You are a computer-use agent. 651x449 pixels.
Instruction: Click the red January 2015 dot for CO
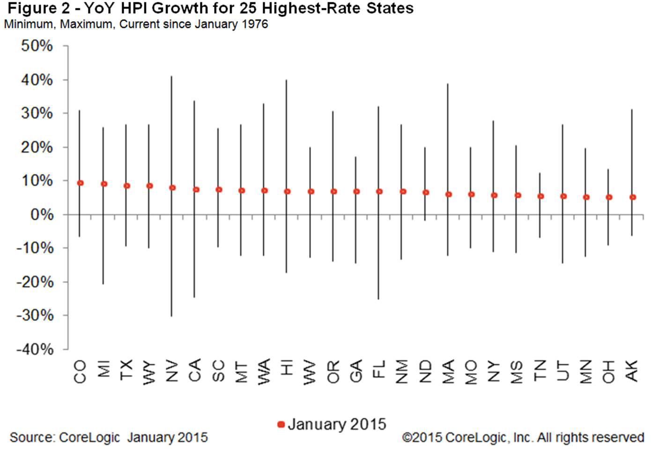[x=80, y=183]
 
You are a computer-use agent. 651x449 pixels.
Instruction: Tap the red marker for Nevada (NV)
[x=172, y=187]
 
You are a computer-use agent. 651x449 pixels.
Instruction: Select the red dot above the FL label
[x=379, y=191]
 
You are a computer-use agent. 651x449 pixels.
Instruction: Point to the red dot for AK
[x=632, y=197]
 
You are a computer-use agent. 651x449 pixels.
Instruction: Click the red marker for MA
[x=448, y=194]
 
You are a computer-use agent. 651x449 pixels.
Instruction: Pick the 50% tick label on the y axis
[x=37, y=46]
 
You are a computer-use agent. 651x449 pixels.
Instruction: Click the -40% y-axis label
[x=35, y=349]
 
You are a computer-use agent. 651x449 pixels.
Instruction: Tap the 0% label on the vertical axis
[x=42, y=215]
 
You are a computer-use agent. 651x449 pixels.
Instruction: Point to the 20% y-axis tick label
[x=37, y=147]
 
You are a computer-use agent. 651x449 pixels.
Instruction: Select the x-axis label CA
[x=195, y=371]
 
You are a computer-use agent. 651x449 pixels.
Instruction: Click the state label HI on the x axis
[x=287, y=367]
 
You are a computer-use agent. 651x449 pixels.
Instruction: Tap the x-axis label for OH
[x=608, y=371]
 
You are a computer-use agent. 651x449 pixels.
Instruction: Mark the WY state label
[x=149, y=373]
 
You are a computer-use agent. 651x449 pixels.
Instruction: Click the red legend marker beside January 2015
[x=281, y=425]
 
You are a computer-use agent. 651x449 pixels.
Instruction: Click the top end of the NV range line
[x=172, y=76]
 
